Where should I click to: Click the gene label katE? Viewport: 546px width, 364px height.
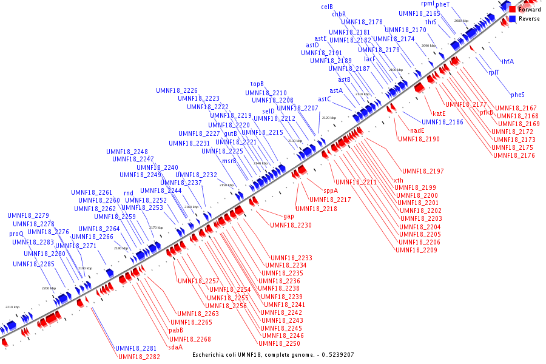point(439,113)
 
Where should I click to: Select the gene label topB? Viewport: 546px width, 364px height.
point(257,84)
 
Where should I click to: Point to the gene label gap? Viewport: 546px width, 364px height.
point(289,216)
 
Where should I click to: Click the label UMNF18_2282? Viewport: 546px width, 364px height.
point(140,357)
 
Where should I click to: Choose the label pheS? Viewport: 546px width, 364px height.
point(517,95)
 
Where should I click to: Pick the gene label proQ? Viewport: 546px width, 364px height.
point(16,234)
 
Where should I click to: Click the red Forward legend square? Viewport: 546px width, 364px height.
point(513,10)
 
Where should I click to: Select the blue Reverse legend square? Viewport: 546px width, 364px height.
point(513,19)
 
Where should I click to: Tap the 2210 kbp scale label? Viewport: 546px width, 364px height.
point(12,307)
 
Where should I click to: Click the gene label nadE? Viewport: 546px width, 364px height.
point(417,130)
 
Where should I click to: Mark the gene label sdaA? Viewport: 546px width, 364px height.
point(175,347)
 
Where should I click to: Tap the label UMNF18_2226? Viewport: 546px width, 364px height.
point(177,90)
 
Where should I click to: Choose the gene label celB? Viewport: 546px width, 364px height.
point(327,7)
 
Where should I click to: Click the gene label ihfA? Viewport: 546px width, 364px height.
point(507,61)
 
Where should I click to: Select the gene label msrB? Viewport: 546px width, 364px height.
point(229,161)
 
